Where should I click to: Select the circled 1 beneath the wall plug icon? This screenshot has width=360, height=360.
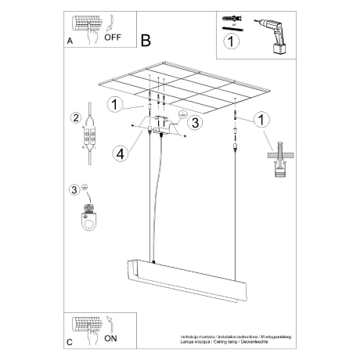click(x=229, y=45)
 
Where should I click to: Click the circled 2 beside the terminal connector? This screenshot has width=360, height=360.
click(x=76, y=119)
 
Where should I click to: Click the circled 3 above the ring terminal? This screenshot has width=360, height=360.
click(x=76, y=189)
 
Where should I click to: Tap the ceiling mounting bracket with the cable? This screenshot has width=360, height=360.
click(x=157, y=125)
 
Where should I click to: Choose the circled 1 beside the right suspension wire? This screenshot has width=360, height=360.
click(x=261, y=119)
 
